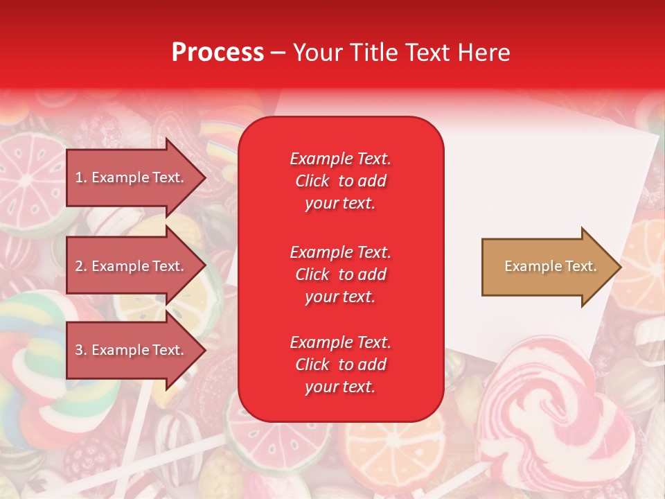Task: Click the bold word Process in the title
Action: click(x=218, y=52)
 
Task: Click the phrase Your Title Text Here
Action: click(x=402, y=52)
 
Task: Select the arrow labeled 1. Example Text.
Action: click(x=132, y=177)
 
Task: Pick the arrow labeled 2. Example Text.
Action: click(x=132, y=266)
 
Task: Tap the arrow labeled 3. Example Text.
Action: click(x=132, y=350)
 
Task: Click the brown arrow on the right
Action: click(x=547, y=267)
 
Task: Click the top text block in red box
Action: click(x=340, y=181)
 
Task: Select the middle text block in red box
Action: click(x=340, y=274)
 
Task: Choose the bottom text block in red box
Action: click(x=340, y=365)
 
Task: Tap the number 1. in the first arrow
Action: click(x=81, y=177)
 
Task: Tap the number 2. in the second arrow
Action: click(x=81, y=266)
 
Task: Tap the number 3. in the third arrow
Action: click(x=81, y=350)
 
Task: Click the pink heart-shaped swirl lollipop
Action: click(x=547, y=409)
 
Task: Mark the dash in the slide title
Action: click(x=278, y=53)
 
